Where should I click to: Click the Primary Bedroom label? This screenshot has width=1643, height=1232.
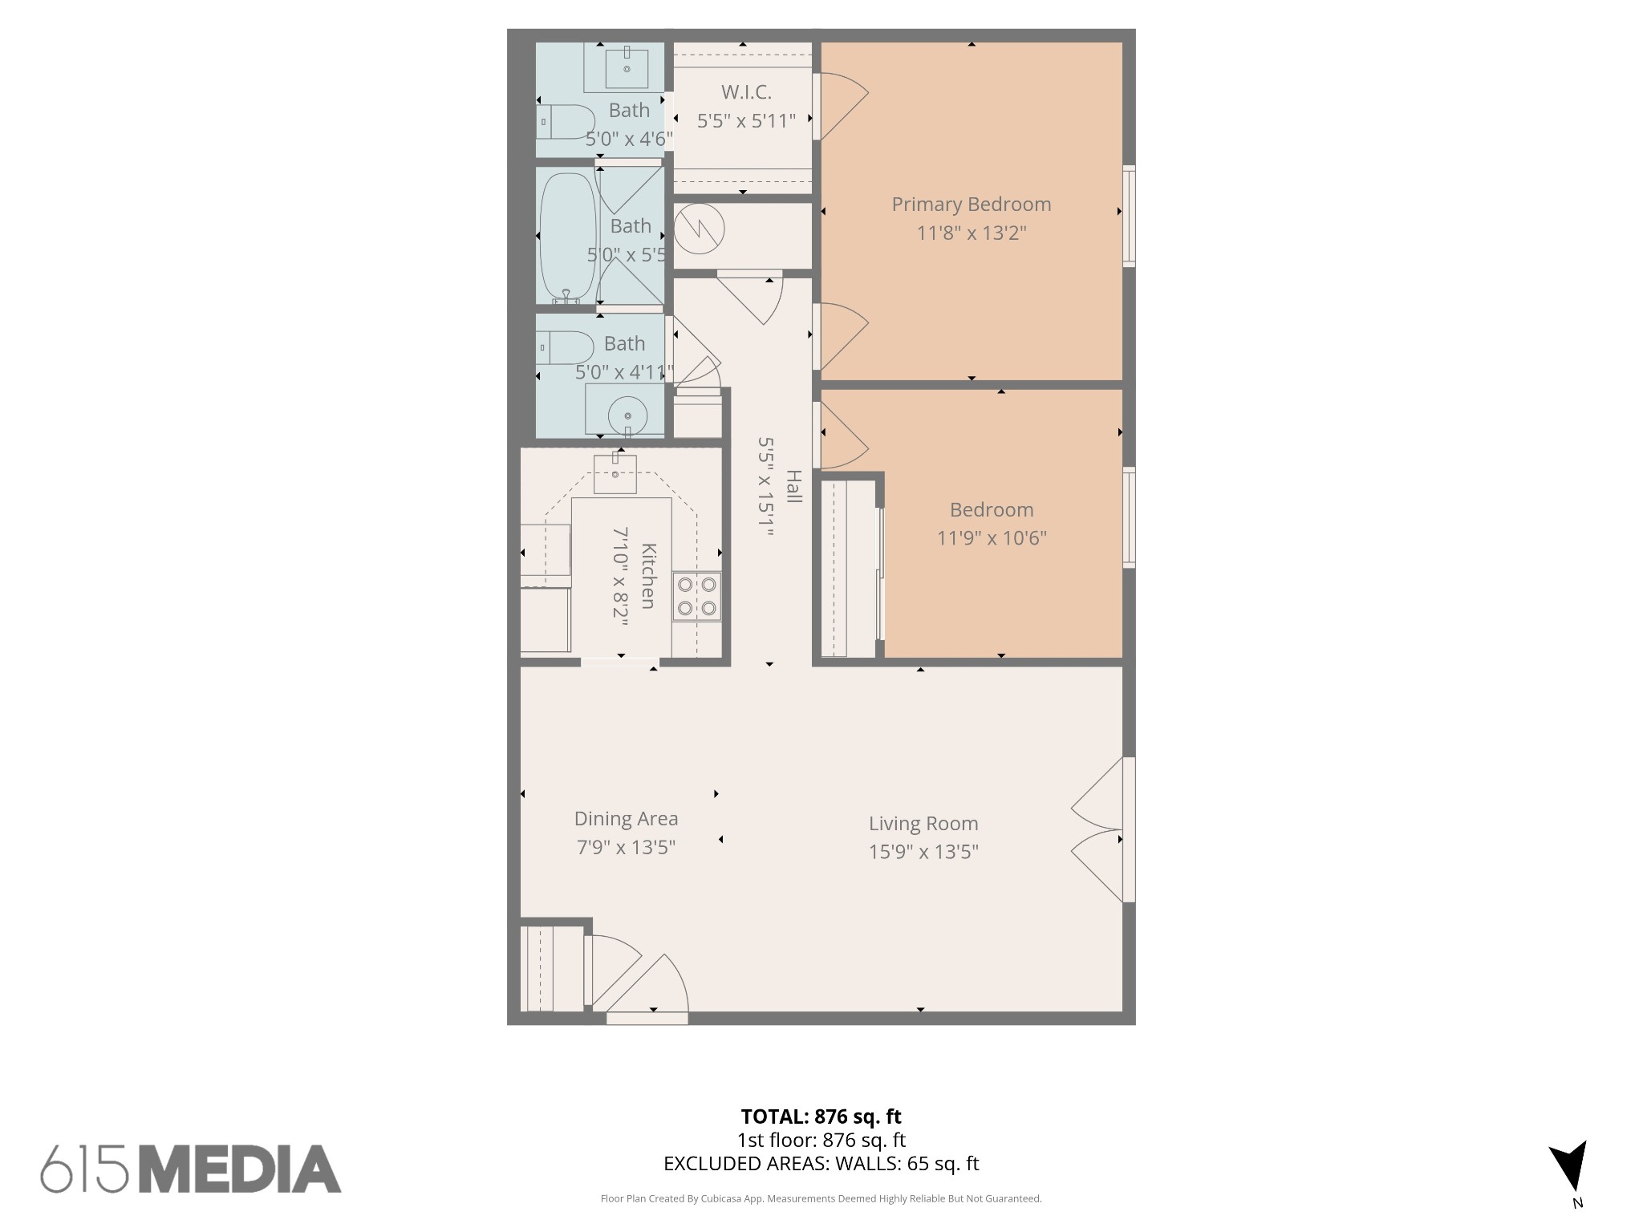[971, 205]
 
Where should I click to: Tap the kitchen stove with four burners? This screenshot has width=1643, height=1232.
[696, 596]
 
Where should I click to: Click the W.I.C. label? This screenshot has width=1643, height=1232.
[746, 92]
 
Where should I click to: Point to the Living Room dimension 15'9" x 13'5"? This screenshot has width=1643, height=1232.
[923, 852]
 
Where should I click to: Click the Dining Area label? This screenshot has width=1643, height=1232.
[626, 819]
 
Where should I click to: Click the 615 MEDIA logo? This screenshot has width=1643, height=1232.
[191, 1169]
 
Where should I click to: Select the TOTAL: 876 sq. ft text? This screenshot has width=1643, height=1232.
[821, 1116]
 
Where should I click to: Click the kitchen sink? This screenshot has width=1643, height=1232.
[615, 473]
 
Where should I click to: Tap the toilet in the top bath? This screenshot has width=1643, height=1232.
[566, 121]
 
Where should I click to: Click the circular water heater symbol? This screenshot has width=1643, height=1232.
[699, 229]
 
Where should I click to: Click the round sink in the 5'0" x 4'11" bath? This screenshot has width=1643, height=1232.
[627, 416]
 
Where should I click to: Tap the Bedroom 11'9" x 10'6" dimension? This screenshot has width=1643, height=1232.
[992, 538]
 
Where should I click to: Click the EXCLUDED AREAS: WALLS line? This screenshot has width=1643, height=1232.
[821, 1164]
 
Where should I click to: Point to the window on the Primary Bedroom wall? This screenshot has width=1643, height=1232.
[1129, 216]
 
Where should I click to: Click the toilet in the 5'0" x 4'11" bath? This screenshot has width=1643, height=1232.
[566, 348]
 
